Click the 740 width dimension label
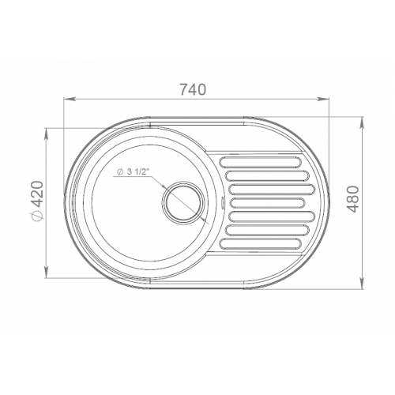coord(192,89)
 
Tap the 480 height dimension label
coord(353,199)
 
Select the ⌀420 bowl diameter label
coord(37,201)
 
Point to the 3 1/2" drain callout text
coord(137,171)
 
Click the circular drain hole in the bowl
coord(183,201)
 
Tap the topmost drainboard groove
coord(260,162)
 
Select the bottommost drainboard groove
coord(260,243)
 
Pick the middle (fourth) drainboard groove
coord(268,202)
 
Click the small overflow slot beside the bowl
coord(223,202)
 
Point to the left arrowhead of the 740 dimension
coord(68,99)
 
